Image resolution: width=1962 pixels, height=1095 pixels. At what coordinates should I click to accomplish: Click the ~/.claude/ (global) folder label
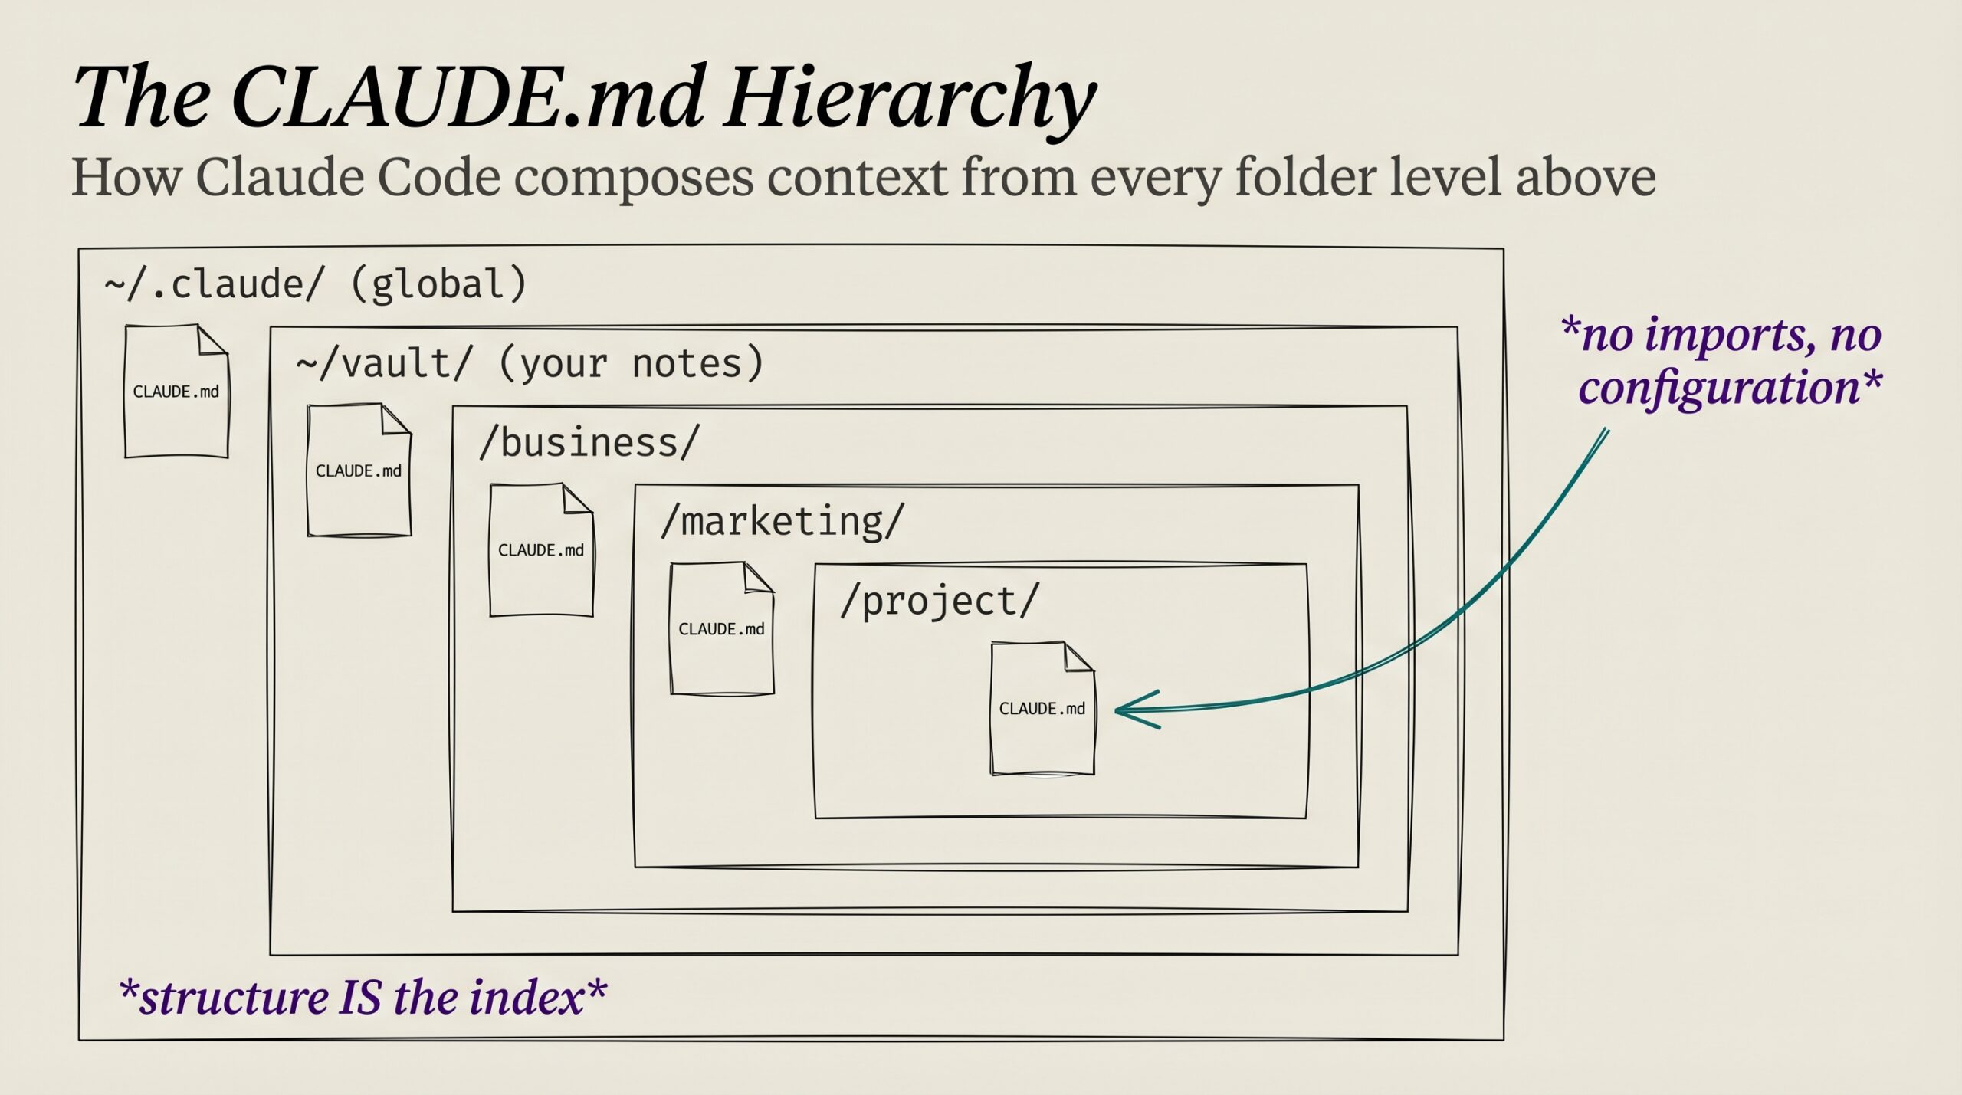click(x=316, y=284)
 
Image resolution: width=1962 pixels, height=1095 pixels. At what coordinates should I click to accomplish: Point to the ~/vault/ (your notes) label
click(x=530, y=363)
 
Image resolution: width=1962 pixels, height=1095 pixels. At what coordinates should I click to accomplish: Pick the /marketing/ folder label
click(x=783, y=522)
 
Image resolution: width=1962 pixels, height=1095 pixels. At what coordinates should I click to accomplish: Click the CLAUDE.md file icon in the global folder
click(x=176, y=391)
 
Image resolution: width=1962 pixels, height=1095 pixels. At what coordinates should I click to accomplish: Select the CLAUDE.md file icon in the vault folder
click(x=359, y=470)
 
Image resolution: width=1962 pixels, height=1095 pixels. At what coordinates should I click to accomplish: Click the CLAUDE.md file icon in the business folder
click(x=541, y=549)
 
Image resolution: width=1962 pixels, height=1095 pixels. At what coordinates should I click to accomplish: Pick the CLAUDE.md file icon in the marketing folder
click(x=722, y=628)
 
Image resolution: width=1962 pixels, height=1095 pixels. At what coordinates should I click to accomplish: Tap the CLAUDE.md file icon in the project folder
click(x=1042, y=708)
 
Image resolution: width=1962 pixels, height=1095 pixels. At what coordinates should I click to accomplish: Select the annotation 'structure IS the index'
click(x=363, y=997)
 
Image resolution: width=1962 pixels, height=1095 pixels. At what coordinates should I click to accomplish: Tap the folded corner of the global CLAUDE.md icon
click(x=213, y=339)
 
